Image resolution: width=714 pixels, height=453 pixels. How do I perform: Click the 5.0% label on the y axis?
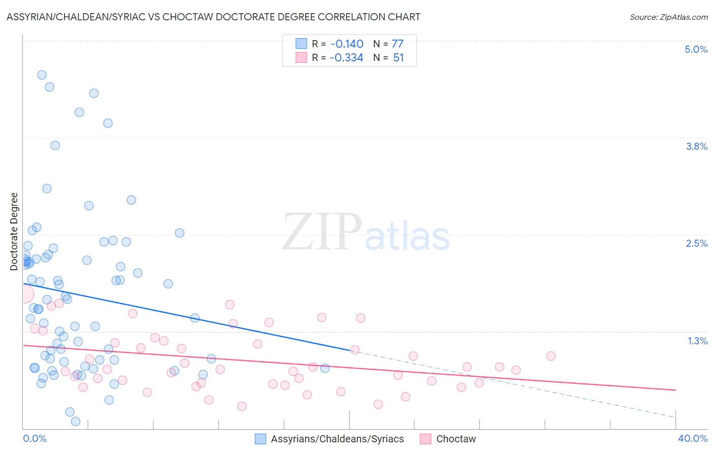click(x=696, y=49)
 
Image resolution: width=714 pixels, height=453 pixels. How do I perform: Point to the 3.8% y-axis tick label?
click(x=696, y=146)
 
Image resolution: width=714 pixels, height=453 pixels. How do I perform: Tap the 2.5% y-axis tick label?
click(x=696, y=243)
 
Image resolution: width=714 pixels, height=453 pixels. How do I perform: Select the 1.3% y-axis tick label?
click(x=697, y=341)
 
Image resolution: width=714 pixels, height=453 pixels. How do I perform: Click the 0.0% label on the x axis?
click(x=35, y=438)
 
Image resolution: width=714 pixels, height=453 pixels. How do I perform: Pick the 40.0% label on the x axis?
click(x=692, y=438)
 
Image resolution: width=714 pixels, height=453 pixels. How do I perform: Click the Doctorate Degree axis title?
click(x=14, y=232)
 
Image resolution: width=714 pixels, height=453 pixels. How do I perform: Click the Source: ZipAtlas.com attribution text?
click(x=668, y=17)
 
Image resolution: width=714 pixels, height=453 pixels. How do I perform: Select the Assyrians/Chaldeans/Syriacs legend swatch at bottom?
click(x=261, y=439)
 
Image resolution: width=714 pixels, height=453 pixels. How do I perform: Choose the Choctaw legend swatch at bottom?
click(x=426, y=439)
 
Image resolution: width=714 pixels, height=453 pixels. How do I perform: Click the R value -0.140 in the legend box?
click(x=346, y=44)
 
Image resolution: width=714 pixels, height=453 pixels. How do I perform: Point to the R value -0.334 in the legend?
click(x=346, y=57)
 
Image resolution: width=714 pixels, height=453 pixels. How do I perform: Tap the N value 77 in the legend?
click(x=397, y=44)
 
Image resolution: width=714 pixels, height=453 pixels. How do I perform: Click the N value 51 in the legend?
click(x=398, y=57)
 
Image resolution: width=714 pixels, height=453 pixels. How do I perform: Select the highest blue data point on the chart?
click(x=42, y=75)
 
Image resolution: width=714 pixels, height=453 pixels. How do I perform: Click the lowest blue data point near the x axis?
click(x=76, y=421)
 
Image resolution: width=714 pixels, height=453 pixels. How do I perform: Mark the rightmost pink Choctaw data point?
click(x=550, y=356)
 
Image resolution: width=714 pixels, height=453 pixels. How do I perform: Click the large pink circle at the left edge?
click(x=24, y=294)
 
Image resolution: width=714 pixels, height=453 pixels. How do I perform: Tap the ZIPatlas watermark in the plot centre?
click(x=366, y=233)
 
